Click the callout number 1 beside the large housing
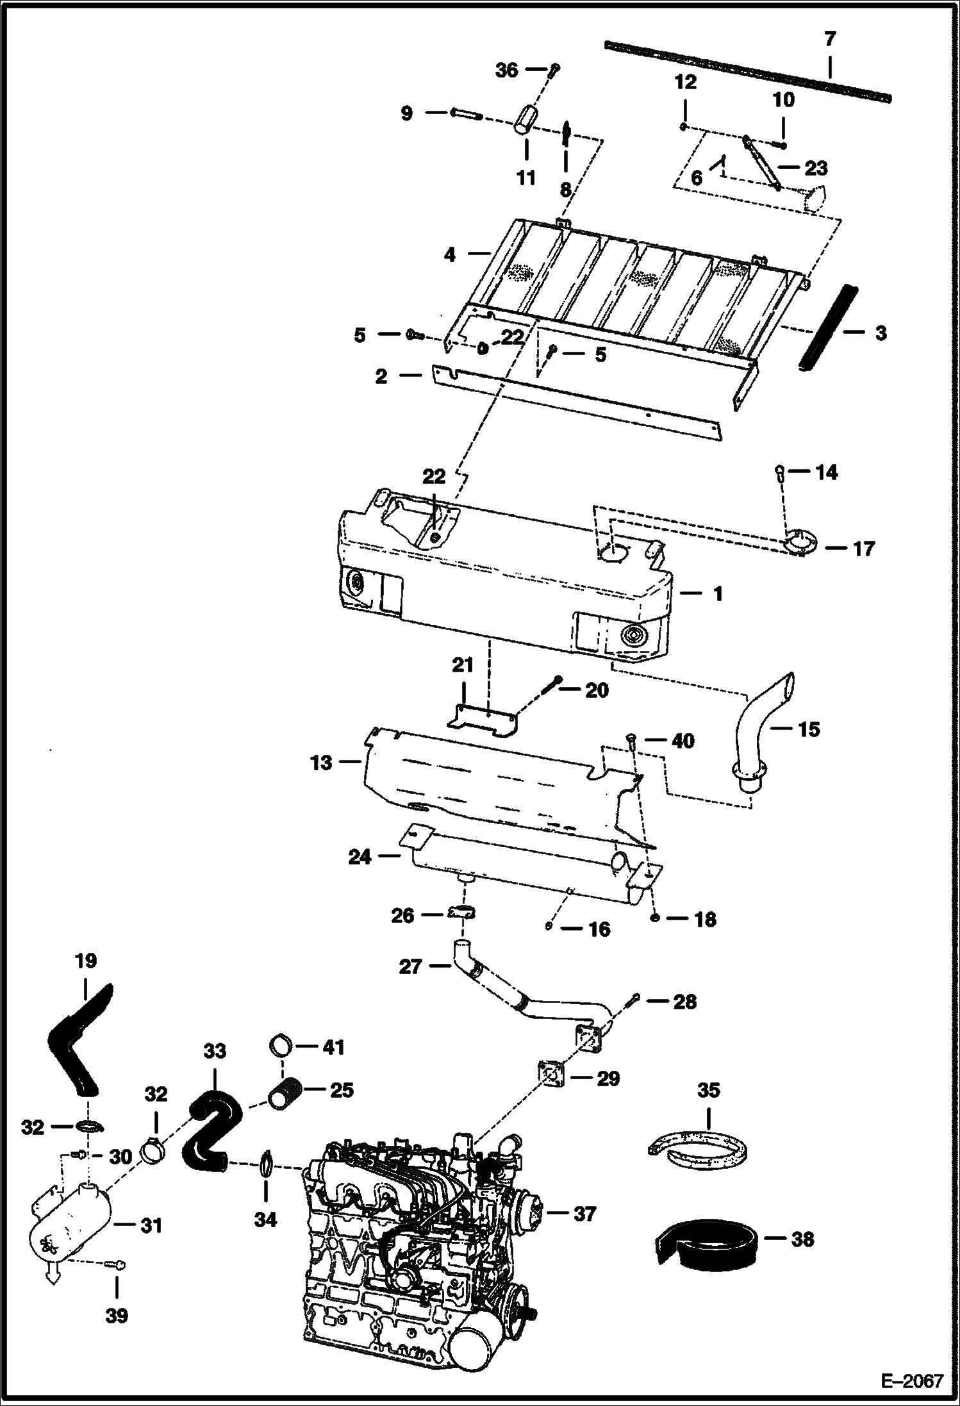coord(718,594)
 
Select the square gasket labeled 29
coord(550,1078)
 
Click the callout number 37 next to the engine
coord(584,1213)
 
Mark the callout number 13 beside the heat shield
coord(321,763)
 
